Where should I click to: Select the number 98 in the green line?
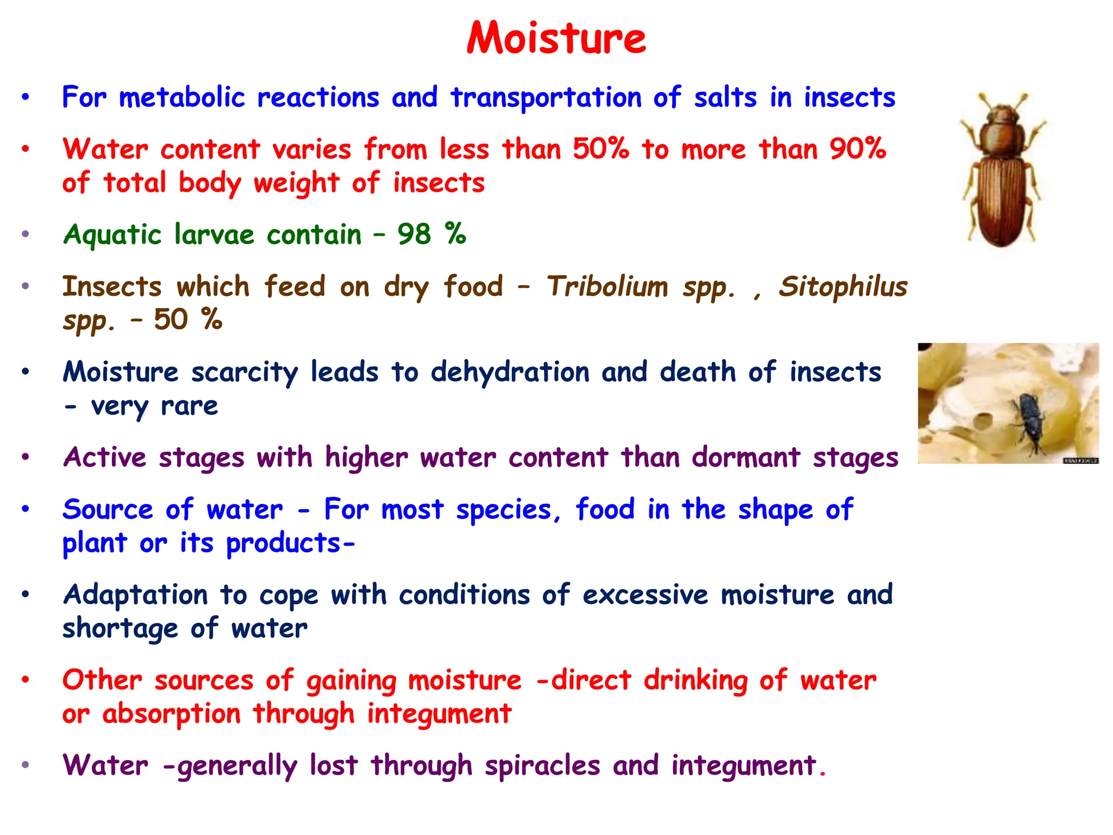[414, 235]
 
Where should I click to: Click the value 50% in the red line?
[601, 148]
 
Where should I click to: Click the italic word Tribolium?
[607, 286]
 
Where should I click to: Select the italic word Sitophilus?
[843, 286]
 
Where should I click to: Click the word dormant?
[746, 457]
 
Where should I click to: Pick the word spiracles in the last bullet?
[542, 765]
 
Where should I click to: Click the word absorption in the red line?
[171, 714]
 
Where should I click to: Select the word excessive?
[645, 595]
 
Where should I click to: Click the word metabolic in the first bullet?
[182, 98]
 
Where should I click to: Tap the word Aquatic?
[112, 235]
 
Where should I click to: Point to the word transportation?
[546, 98]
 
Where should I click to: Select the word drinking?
[695, 681]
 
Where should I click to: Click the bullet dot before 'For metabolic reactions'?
[25, 98]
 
